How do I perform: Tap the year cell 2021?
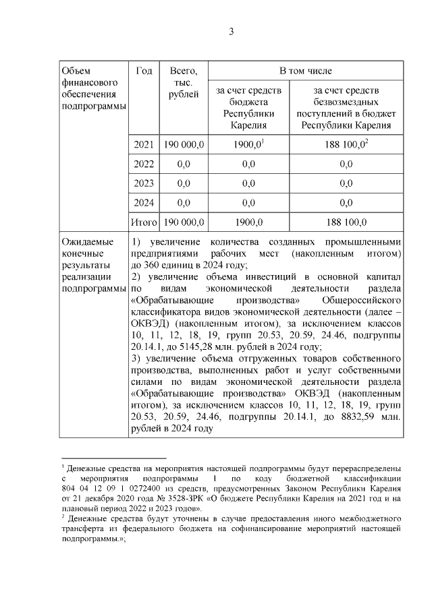pyautogui.click(x=143, y=144)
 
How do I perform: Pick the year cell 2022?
pyautogui.click(x=143, y=164)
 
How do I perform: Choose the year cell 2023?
pyautogui.click(x=143, y=183)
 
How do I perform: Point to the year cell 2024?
pyautogui.click(x=143, y=202)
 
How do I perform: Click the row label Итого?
pyautogui.click(x=143, y=222)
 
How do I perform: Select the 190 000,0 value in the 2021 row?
pyautogui.click(x=183, y=144)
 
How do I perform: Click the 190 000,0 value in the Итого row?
pyautogui.click(x=183, y=222)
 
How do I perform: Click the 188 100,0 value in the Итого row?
pyautogui.click(x=347, y=222)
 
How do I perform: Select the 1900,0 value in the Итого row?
pyautogui.click(x=248, y=222)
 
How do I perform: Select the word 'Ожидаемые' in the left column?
pyautogui.click(x=84, y=241)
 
